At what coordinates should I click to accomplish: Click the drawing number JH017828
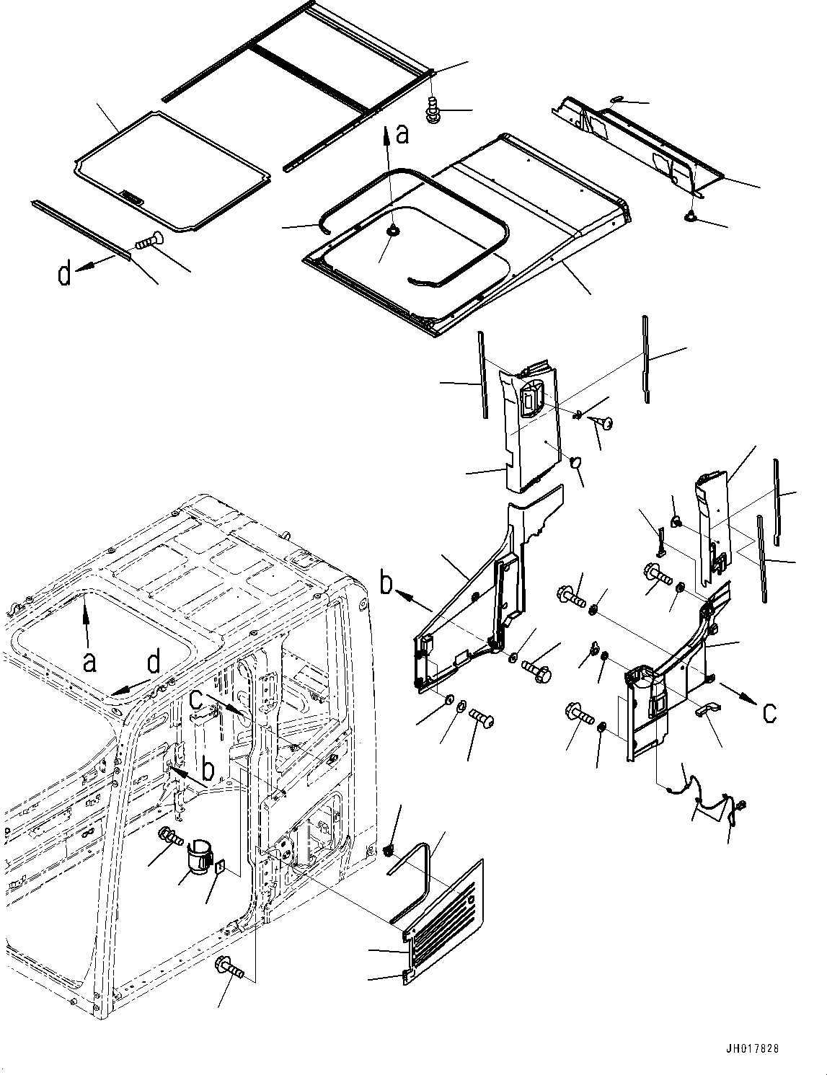753,1049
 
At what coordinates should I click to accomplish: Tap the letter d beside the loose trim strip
65,274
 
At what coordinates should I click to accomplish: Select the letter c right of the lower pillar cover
769,712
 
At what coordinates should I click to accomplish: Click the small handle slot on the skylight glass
131,196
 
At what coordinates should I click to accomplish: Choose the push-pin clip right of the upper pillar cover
603,424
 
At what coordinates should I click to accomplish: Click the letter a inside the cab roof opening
89,660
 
